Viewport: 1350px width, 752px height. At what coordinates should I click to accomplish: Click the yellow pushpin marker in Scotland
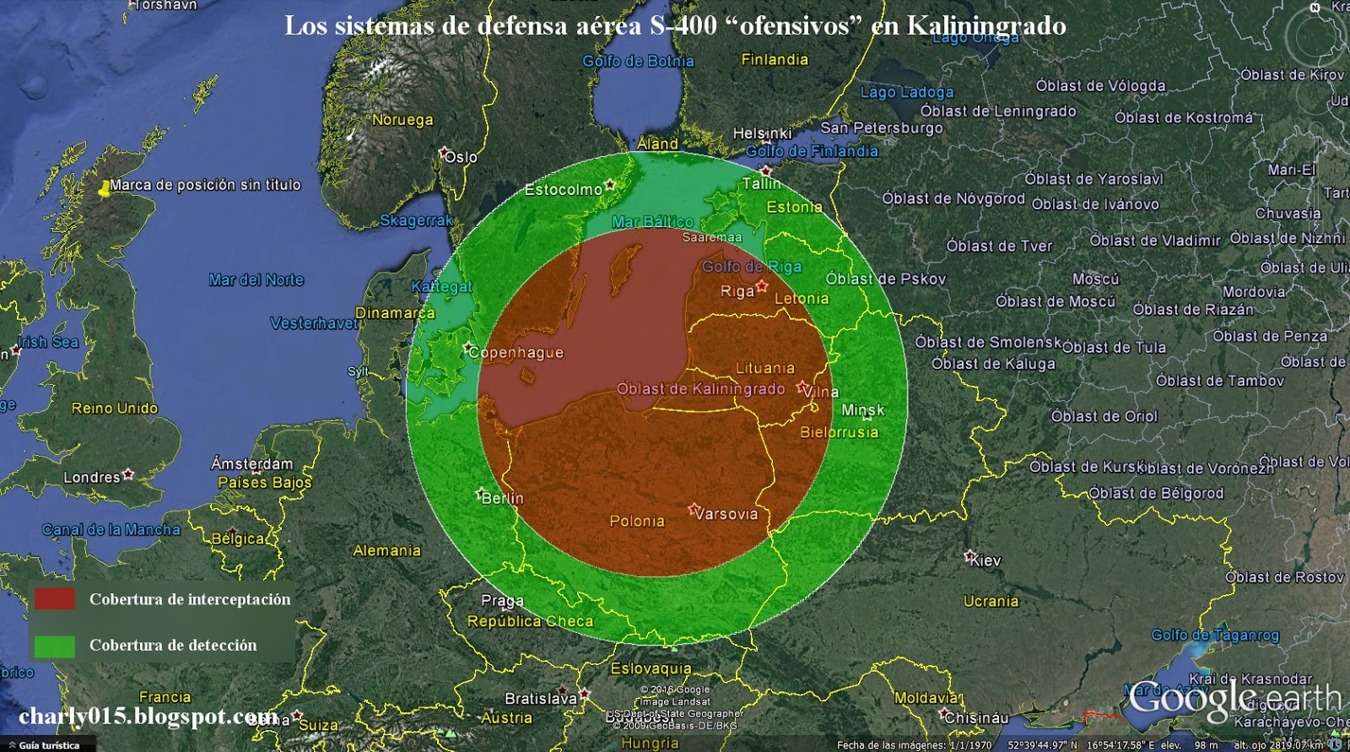[x=104, y=188]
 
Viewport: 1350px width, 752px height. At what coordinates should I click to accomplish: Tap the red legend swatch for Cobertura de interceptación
[x=55, y=599]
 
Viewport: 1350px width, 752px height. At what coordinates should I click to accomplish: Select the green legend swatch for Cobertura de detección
[x=55, y=646]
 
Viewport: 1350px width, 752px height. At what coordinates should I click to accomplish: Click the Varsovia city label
[x=726, y=513]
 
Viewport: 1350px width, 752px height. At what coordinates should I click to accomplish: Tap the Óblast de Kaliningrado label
[x=700, y=389]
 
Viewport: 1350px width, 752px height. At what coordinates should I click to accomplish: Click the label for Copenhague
[x=516, y=353]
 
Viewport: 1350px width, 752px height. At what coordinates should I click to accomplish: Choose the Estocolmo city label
[x=563, y=190]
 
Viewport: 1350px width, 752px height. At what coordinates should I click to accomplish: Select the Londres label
[x=92, y=477]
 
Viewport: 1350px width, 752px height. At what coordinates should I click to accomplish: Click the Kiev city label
[x=985, y=560]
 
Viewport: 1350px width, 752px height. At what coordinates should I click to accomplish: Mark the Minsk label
[x=863, y=410]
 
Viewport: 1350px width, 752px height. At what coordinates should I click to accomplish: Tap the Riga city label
[x=737, y=291]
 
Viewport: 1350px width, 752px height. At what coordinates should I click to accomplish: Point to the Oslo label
[x=461, y=157]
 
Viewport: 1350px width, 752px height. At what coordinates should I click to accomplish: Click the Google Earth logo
[x=1235, y=699]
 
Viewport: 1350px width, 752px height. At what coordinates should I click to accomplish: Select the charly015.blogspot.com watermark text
[x=148, y=717]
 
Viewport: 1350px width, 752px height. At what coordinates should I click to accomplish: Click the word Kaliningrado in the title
[x=986, y=26]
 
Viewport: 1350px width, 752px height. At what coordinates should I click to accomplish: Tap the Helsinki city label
[x=762, y=133]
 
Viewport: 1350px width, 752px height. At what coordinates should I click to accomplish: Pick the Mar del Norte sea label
[x=256, y=280]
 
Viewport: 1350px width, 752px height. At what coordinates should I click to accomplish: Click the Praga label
[x=502, y=601]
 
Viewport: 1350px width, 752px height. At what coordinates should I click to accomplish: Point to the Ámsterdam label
[x=251, y=463]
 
